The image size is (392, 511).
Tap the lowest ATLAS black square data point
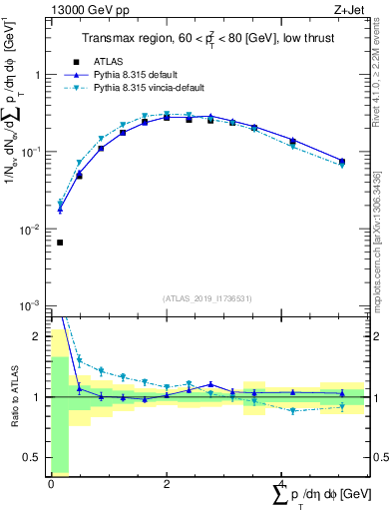[x=60, y=243]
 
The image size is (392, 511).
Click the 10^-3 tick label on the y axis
[x=32, y=305]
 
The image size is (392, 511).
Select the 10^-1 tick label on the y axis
[x=32, y=153]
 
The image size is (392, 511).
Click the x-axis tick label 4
[x=282, y=484]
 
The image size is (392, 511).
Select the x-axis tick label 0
[x=51, y=484]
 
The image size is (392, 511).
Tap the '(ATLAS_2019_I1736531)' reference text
[x=207, y=298]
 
